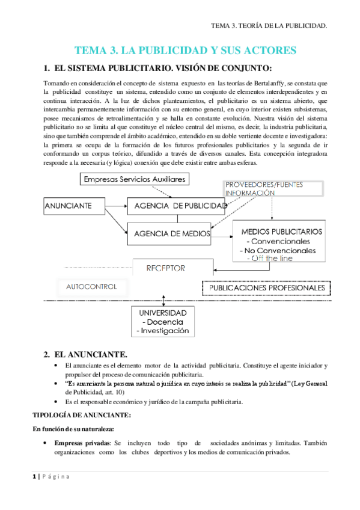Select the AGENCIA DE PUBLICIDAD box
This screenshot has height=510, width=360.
(x=175, y=206)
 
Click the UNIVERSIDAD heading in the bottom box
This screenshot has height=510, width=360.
(x=163, y=313)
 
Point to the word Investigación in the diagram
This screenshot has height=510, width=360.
(x=163, y=331)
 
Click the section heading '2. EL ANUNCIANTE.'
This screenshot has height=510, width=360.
(x=90, y=355)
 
